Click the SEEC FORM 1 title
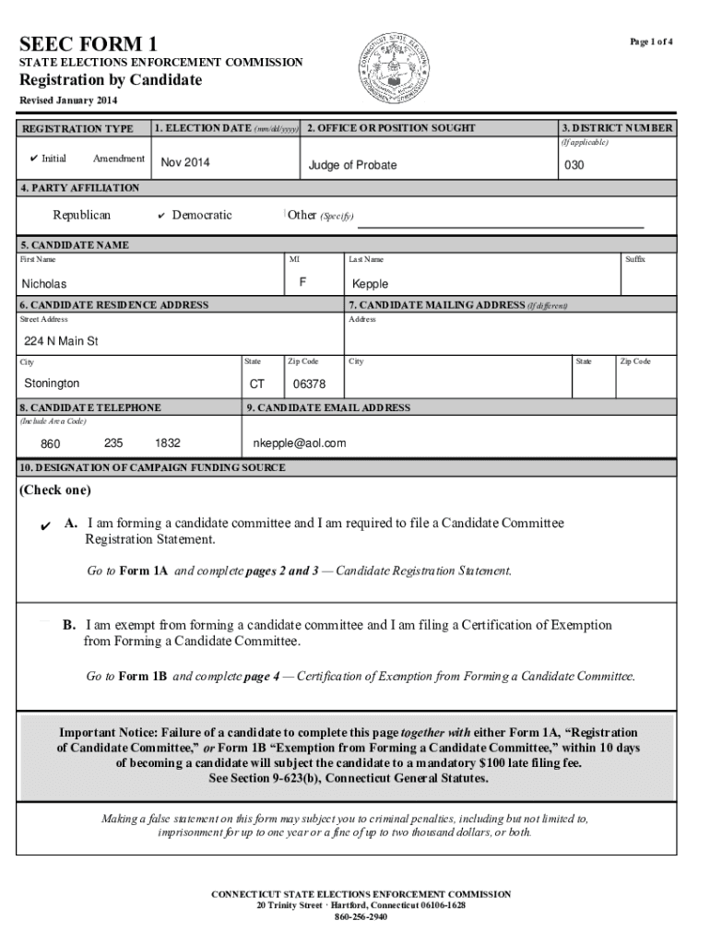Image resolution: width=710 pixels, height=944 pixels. click(x=89, y=43)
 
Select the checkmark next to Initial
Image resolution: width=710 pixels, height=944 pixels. click(x=31, y=159)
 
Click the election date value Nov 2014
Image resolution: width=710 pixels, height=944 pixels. click(x=185, y=163)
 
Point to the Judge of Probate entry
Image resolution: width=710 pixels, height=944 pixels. click(x=352, y=165)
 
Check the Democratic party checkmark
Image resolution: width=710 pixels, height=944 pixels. click(x=161, y=216)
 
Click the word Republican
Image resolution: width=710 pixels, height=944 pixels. click(x=81, y=216)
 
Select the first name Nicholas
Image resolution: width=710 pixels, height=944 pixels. click(x=44, y=285)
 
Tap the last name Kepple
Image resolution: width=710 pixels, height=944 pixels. click(x=370, y=285)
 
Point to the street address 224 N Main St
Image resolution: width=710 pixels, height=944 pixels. click(x=61, y=341)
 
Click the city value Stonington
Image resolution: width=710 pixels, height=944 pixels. click(x=52, y=383)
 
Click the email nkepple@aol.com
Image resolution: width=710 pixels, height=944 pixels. click(x=300, y=443)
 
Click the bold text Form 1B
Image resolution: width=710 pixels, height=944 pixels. click(x=143, y=676)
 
